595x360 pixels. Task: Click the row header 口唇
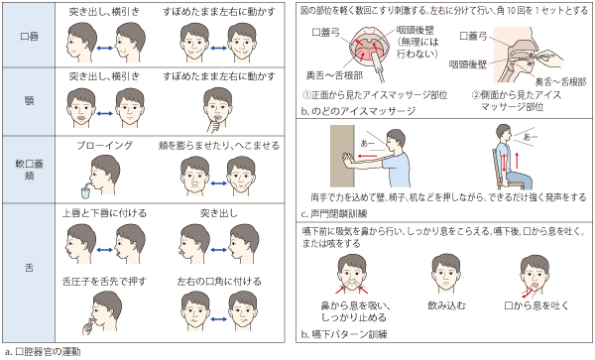29,37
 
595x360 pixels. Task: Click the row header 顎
29,101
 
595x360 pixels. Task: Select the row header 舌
29,268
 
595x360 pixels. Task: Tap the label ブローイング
105,146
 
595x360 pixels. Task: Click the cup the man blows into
86,192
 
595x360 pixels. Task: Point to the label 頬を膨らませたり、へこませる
219,146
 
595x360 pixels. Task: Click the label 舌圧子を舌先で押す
104,282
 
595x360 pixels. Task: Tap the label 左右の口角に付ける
219,282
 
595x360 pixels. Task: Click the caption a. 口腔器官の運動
43,352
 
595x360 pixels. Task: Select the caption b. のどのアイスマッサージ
358,111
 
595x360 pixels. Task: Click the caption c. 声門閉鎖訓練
334,214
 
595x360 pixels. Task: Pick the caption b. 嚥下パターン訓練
344,334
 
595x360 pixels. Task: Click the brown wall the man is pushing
342,156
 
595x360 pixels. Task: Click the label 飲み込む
446,305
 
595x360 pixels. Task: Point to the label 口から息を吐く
536,305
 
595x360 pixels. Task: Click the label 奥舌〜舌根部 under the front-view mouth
334,75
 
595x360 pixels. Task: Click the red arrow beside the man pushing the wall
368,156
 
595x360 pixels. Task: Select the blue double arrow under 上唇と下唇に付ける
105,250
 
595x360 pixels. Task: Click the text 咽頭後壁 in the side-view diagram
467,64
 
